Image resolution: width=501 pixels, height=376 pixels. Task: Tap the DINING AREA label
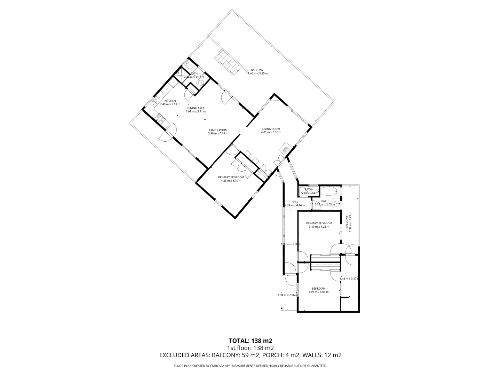[196, 108]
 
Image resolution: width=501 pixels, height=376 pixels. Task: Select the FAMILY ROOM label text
[218, 130]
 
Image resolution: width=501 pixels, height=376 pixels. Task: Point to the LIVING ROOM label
[271, 129]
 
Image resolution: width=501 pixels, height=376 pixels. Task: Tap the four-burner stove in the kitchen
[161, 119]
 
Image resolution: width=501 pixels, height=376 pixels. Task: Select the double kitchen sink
[154, 102]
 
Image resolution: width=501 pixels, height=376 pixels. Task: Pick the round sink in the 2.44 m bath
[201, 83]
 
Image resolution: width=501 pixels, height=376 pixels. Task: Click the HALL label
[295, 202]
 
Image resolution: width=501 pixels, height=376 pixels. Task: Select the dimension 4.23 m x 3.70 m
[231, 181]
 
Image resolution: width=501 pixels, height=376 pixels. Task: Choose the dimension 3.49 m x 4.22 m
[319, 227]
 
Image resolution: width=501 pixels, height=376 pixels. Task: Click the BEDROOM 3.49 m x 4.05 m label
[318, 288]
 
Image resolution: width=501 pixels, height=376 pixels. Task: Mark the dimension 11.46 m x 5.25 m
[257, 73]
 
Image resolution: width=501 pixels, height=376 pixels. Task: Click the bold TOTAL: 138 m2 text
[250, 340]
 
